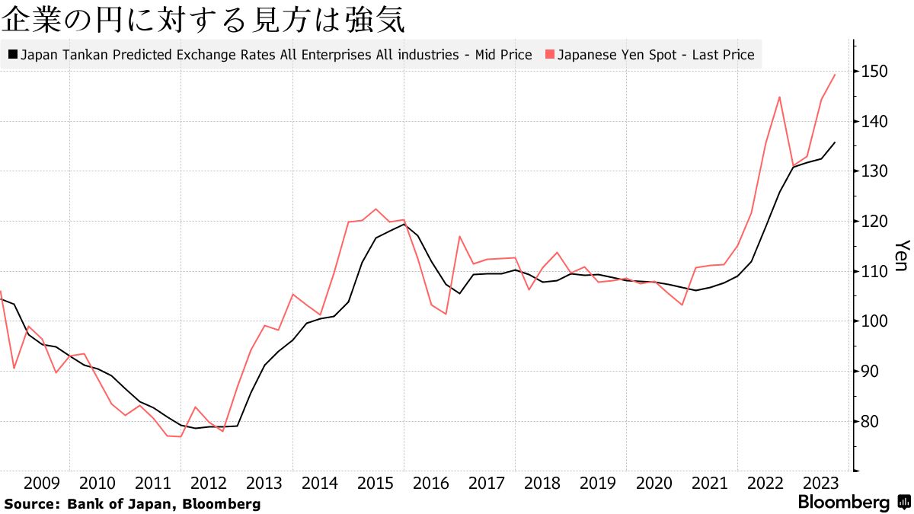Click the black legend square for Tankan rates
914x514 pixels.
pyautogui.click(x=13, y=55)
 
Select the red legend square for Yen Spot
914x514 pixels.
pyautogui.click(x=549, y=55)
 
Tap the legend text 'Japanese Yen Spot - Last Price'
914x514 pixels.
pyautogui.click(x=656, y=55)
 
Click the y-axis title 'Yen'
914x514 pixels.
pyautogui.click(x=900, y=256)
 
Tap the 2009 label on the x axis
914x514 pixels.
pyautogui.click(x=42, y=483)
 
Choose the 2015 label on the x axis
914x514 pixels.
pyautogui.click(x=375, y=483)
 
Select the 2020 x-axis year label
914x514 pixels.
pyautogui.click(x=654, y=483)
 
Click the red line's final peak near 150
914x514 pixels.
pyautogui.click(x=836, y=75)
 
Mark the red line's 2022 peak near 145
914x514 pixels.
pyautogui.click(x=780, y=97)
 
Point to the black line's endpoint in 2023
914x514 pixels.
pyautogui.click(x=836, y=142)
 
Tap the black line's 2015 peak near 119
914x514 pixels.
pyautogui.click(x=403, y=224)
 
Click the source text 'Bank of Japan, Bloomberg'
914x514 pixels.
pyautogui.click(x=164, y=503)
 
